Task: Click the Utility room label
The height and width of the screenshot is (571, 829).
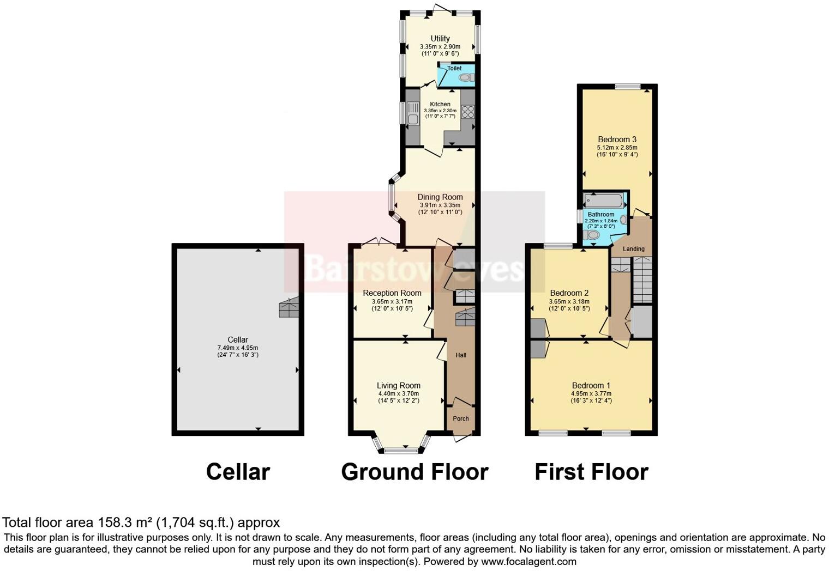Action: (440, 39)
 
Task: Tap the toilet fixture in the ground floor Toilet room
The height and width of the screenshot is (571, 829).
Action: (465, 78)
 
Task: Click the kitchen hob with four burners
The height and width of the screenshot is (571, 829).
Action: (468, 112)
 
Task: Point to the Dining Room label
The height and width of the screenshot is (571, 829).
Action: (440, 197)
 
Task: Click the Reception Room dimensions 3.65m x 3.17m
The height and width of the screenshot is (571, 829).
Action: (392, 301)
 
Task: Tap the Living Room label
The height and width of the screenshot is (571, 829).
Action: (398, 386)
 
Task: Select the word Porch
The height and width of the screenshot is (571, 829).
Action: (461, 419)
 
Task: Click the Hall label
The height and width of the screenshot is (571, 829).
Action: (461, 355)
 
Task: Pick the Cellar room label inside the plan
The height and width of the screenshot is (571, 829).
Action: (238, 340)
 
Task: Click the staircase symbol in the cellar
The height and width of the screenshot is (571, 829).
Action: (289, 308)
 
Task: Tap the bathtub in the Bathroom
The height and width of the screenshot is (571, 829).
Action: (604, 200)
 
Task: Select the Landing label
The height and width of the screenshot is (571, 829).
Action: (634, 249)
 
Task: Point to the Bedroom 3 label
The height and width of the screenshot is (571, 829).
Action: (617, 139)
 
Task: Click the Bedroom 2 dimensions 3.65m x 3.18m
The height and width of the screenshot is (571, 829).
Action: (569, 301)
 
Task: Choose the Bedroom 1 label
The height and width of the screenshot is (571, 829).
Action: (591, 386)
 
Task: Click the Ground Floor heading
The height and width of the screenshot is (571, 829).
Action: (414, 472)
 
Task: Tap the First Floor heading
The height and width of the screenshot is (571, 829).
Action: (591, 472)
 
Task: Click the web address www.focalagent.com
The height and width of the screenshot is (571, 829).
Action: (528, 561)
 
